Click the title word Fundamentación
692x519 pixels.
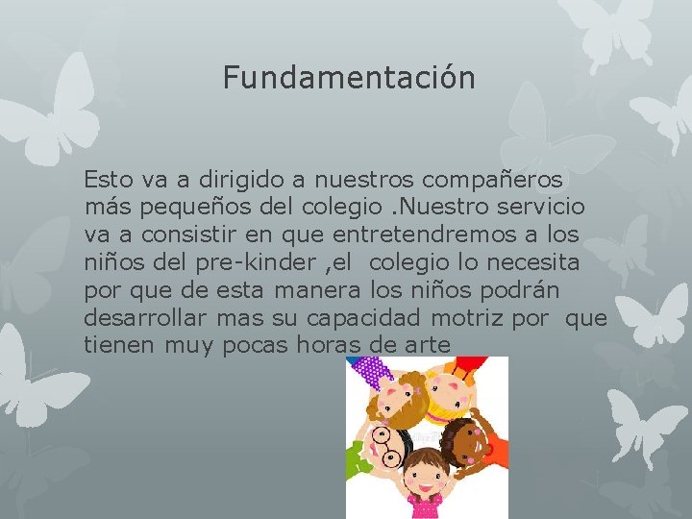349,77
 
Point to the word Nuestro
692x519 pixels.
449,207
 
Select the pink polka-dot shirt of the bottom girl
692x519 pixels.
423,505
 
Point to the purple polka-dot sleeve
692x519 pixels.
371,370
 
